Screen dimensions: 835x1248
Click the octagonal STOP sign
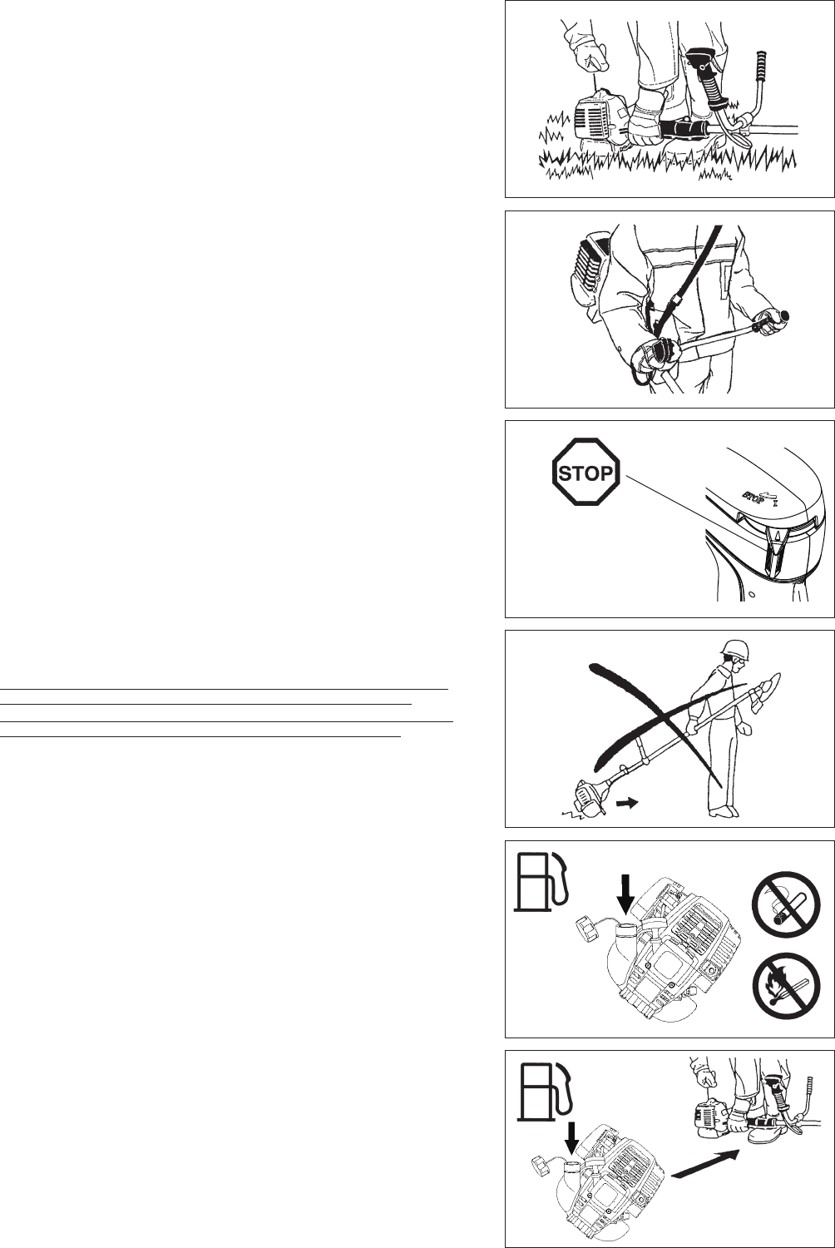pos(586,474)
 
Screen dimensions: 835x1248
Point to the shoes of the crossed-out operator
pos(720,812)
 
